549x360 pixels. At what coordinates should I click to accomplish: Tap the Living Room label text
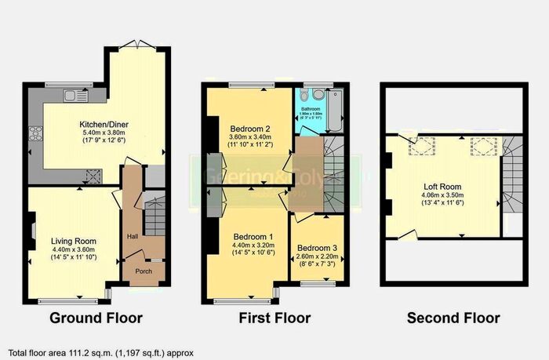(73, 241)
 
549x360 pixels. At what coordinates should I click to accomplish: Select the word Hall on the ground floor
(133, 237)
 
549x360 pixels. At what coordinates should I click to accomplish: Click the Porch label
(144, 271)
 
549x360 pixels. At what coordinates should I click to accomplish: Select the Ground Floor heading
(96, 318)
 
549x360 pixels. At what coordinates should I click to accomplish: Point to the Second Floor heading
(453, 318)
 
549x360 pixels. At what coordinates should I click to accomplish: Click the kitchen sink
(75, 96)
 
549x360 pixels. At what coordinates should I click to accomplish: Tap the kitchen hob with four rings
(35, 134)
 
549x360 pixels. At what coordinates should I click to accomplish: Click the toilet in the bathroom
(302, 91)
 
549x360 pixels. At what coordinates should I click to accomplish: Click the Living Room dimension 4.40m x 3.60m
(73, 249)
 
